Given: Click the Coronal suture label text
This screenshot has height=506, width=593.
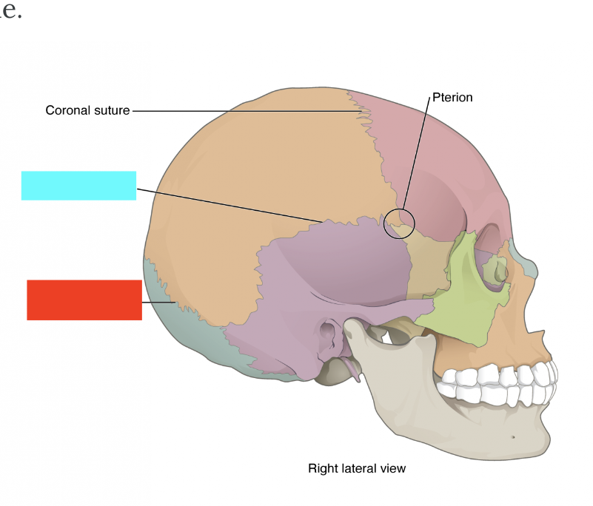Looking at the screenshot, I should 87,110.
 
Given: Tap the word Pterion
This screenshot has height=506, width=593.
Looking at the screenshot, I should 452,97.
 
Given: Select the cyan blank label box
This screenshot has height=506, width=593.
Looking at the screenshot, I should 78,186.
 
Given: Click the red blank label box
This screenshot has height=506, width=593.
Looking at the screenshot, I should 84,300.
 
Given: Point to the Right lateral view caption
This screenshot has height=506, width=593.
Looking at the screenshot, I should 357,468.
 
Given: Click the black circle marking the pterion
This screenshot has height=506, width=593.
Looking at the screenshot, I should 400,223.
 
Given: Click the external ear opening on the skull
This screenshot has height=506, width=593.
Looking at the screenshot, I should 329,334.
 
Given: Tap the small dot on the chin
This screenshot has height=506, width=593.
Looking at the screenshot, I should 514,436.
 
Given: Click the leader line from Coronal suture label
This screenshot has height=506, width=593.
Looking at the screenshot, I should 244,111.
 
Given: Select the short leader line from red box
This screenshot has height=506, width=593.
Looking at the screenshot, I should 157,303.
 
